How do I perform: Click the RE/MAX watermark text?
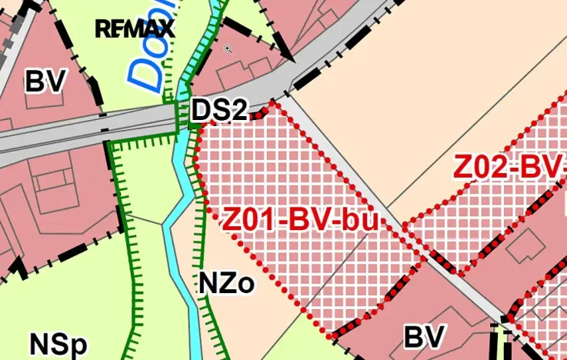[135, 29]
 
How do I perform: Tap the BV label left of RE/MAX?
[46, 80]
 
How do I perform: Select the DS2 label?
[219, 110]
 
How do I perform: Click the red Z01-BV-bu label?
[302, 221]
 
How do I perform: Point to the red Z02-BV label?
[509, 167]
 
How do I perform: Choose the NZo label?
[226, 284]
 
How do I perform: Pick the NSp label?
[58, 344]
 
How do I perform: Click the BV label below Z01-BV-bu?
[425, 336]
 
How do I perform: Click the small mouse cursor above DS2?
[228, 49]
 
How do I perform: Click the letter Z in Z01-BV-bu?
[233, 221]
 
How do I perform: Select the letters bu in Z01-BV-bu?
[361, 221]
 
